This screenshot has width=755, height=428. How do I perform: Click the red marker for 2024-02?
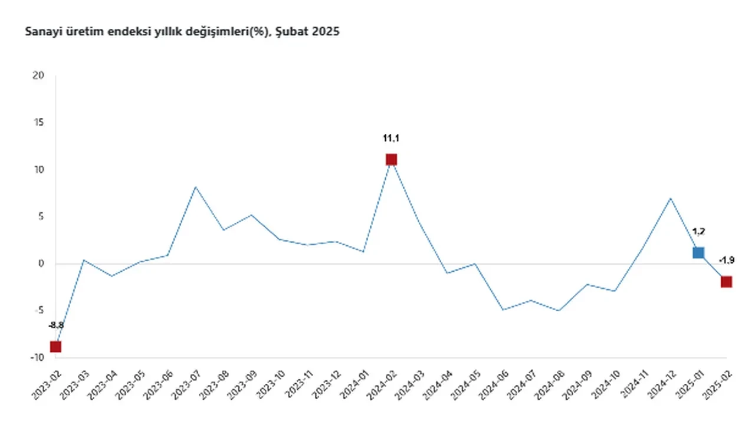point(391,160)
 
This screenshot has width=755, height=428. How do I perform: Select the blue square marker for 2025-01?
point(698,253)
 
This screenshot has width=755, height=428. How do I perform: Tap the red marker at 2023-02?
point(55,347)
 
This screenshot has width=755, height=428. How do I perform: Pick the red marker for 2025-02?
point(726,282)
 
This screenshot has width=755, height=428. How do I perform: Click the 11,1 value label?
point(391,139)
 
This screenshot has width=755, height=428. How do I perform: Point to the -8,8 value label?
point(56,325)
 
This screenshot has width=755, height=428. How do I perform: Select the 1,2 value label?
point(698,232)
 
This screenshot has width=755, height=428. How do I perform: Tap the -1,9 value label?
point(726,260)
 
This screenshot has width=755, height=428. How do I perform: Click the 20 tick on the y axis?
point(39,75)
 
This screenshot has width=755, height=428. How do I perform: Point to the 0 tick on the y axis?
point(41,264)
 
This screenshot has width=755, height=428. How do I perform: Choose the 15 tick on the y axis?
point(39,123)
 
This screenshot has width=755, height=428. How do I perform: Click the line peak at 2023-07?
point(195,187)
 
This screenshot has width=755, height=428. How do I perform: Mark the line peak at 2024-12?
point(671,198)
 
